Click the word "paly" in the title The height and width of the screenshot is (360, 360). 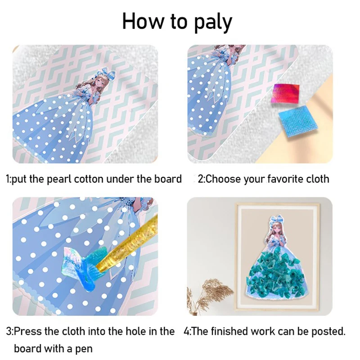click(x=209, y=22)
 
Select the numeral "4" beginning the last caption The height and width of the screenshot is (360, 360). click(x=186, y=332)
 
